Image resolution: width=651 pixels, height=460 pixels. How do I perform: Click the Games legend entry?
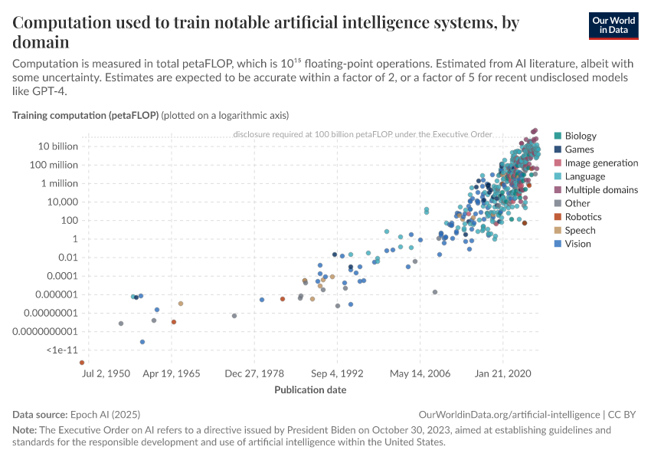578,149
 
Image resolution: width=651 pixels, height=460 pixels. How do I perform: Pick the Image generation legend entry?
600,163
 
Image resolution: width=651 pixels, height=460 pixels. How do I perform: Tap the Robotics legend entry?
582,217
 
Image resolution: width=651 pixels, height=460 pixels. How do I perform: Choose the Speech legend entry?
580,231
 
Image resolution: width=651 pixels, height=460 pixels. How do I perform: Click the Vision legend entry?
577,244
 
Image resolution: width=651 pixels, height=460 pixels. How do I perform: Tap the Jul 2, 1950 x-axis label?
106,374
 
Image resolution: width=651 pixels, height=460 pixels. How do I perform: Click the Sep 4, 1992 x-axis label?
336,374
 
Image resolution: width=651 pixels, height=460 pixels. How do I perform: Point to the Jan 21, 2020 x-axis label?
502,374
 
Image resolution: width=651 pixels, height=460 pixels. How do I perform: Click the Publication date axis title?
310,389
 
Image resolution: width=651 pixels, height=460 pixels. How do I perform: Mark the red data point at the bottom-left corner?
82,363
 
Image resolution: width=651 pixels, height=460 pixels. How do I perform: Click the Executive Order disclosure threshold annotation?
362,134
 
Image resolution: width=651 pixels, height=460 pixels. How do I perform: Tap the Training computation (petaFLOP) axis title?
86,116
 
